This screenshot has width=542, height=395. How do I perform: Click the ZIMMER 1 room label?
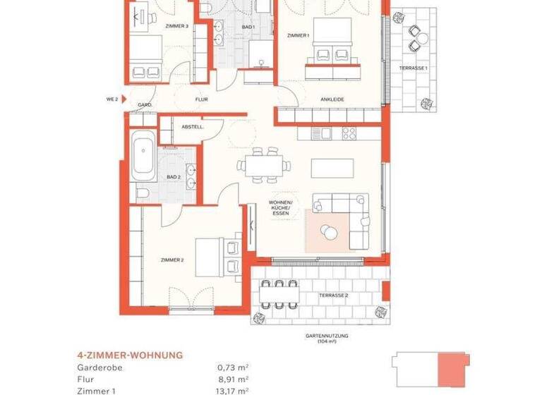coord(298,35)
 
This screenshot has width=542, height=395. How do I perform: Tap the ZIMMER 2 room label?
coord(172,260)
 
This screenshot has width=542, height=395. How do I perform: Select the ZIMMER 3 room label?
coord(176,26)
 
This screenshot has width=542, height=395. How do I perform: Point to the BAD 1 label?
coord(247,27)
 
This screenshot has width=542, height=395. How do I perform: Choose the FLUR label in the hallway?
coord(202,100)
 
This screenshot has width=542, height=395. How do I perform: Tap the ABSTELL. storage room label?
coord(192,127)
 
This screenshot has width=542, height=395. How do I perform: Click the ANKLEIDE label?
coord(332,100)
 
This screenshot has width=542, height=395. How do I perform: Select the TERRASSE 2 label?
coord(333,295)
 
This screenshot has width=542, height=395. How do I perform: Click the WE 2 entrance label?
coord(112,100)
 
